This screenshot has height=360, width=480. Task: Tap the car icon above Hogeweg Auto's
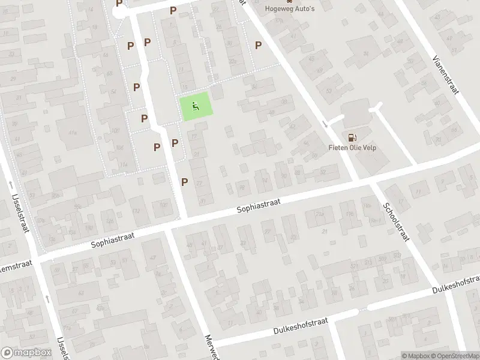pos(282,2)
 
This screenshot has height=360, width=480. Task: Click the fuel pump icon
pos(351,137)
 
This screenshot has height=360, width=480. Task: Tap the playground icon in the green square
pos(196,107)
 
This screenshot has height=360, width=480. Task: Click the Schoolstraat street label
pos(395,221)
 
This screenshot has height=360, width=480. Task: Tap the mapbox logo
pos(25,353)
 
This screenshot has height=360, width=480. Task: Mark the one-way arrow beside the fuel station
pos(325,124)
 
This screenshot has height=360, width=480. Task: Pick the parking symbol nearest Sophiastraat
pos(184,182)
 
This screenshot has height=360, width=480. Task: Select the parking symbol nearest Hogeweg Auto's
pos(258,45)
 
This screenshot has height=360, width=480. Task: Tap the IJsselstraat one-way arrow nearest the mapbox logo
pos(47,298)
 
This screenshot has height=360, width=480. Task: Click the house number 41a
pos(73,132)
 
